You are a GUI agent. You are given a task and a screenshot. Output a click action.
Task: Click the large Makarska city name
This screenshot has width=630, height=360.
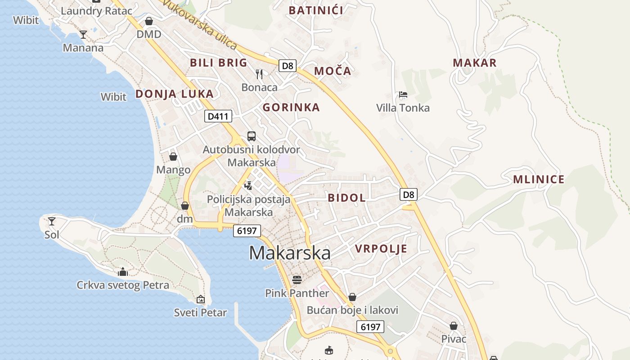coord(289,253)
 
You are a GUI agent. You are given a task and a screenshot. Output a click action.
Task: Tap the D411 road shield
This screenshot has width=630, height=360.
coord(218,117)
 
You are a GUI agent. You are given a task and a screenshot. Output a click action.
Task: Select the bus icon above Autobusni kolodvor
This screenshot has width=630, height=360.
coord(252,136)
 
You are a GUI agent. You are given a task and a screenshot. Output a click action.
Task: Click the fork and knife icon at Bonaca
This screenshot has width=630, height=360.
coord(259,74)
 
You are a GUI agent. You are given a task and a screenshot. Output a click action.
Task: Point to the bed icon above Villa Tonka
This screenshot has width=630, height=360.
coord(403,95)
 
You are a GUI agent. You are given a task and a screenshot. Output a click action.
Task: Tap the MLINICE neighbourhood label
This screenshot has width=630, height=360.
coord(539,180)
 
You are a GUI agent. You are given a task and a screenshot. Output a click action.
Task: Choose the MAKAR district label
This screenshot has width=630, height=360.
coord(475,63)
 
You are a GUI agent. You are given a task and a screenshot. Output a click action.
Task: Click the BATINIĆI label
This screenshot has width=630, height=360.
coord(316,10)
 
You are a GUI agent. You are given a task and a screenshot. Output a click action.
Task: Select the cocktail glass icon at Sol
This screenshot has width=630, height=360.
coord(52,221)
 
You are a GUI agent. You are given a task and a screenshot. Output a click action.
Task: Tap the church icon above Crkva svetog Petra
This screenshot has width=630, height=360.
coord(123,272)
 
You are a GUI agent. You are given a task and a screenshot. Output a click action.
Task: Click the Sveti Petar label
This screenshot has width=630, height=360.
coord(200,312)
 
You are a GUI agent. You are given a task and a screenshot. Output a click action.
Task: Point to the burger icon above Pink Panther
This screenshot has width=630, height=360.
coord(297,280)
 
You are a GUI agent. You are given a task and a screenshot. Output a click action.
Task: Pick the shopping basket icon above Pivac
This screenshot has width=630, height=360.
coord(454,326)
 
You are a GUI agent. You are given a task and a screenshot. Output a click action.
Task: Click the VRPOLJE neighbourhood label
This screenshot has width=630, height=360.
coord(381,249)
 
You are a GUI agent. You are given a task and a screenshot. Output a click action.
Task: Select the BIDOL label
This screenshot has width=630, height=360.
coord(346,198)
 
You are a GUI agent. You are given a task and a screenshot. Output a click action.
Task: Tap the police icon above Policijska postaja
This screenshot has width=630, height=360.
coord(248,185)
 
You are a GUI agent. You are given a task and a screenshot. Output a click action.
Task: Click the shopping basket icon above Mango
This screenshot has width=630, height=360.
coord(173,157)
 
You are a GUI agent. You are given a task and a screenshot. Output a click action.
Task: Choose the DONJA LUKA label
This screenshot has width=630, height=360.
coord(174,94)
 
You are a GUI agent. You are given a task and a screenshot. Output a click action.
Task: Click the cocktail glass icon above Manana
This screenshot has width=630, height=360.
coord(83,34)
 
